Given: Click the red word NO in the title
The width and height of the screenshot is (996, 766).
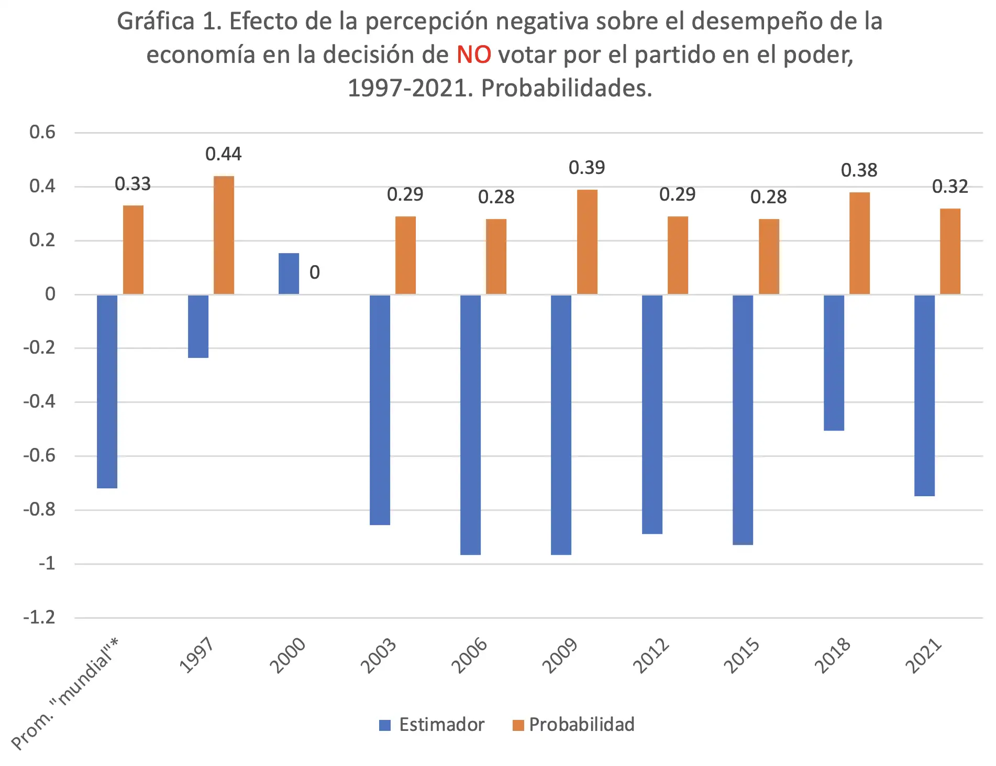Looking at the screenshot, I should coord(473,55).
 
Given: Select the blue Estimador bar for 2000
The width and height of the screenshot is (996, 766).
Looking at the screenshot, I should coord(289,273).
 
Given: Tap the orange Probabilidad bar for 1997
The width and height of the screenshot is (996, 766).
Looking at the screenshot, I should coord(224,235).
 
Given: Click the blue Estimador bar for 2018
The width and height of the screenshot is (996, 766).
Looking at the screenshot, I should coord(834,363).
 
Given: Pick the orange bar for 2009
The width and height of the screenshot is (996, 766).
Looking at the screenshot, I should coord(587,242).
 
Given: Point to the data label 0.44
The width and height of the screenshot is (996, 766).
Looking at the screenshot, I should coord(224,154).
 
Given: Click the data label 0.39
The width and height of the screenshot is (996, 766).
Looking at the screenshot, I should coord(587,168).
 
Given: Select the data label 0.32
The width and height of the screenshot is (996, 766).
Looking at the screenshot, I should coord(950,187).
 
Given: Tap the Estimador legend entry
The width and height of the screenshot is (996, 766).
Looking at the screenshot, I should coord(432,725).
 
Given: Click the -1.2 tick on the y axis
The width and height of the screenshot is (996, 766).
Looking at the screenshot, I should coord(39,617).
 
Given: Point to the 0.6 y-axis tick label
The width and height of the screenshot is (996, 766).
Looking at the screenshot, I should coord(42,132).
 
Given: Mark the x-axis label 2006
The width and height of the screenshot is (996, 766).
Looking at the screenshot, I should coord(470,656).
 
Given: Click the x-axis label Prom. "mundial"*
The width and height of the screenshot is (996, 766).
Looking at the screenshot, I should coord(65,695).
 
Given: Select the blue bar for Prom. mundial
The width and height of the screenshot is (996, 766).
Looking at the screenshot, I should coord(107,391).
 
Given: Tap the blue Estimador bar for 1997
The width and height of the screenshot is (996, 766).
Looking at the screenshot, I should coord(198,326).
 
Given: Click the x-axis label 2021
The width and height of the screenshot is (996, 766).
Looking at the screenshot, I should coord(924,656).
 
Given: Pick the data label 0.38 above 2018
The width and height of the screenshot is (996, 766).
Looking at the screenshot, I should coord(859,170).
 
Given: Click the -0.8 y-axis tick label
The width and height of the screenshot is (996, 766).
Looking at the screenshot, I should coord(39,509).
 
